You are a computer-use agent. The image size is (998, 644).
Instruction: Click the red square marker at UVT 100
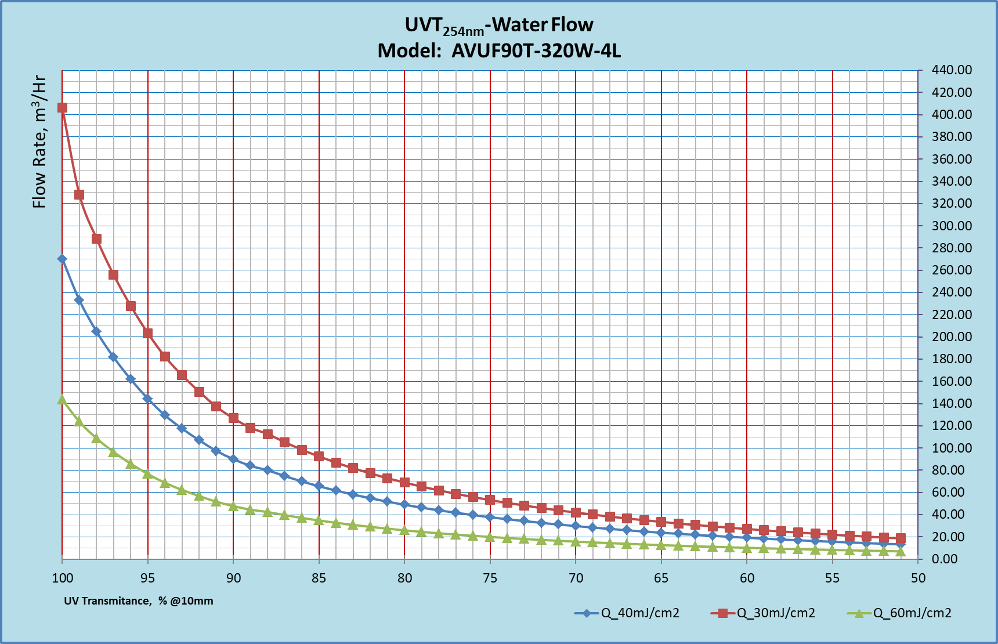pyautogui.click(x=62, y=107)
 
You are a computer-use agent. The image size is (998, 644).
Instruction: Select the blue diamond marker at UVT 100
pyautogui.click(x=62, y=259)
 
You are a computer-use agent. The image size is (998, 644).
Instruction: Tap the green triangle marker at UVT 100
pyautogui.click(x=62, y=399)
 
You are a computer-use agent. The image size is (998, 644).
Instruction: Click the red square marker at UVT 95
pyautogui.click(x=147, y=333)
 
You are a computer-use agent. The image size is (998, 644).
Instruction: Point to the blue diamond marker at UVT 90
pyautogui.click(x=233, y=459)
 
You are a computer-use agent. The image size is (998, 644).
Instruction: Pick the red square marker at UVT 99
pyautogui.click(x=79, y=194)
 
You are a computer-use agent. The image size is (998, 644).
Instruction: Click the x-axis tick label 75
pyautogui.click(x=490, y=578)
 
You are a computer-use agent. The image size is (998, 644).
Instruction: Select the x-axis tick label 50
pyautogui.click(x=918, y=578)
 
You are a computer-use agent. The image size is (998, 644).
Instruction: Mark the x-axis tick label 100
pyautogui.click(x=63, y=578)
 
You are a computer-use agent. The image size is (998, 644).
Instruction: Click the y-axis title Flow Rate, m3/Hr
pyautogui.click(x=39, y=142)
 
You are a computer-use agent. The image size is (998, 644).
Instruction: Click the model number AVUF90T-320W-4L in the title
pyautogui.click(x=536, y=51)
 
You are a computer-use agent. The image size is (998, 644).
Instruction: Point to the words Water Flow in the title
pyautogui.click(x=543, y=25)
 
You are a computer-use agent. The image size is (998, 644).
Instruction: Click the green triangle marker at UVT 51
pyautogui.click(x=901, y=551)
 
